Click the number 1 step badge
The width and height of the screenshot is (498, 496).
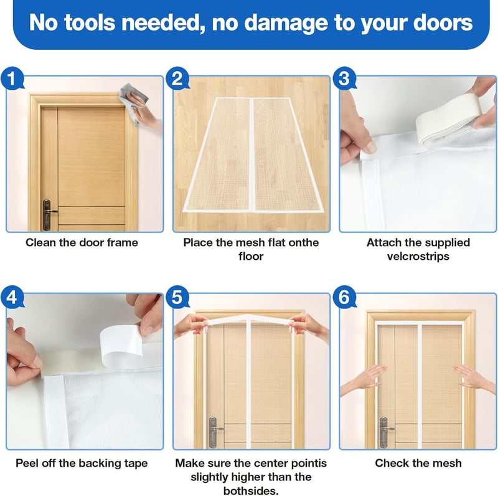point(12,79)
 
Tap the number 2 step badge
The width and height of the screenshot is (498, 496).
point(177,79)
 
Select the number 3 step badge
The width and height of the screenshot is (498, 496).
point(344,79)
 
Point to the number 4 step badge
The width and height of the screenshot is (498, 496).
point(12,298)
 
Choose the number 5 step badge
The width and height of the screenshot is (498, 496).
point(177,298)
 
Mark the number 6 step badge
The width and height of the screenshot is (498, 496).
point(344,298)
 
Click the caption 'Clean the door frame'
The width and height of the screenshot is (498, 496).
point(82,242)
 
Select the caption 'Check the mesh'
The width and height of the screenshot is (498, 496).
point(418,463)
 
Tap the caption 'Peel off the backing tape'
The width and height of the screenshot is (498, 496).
point(82,463)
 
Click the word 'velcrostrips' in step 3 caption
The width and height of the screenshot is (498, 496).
point(418,256)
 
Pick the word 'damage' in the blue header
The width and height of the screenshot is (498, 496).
point(286,23)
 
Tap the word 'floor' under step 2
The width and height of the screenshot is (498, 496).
point(251,256)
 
